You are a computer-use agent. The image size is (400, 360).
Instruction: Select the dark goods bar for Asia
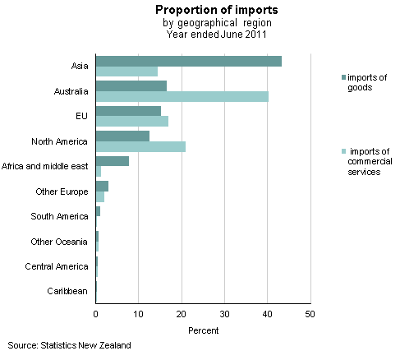(x=189, y=62)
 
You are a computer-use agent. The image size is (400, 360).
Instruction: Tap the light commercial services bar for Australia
(x=182, y=96)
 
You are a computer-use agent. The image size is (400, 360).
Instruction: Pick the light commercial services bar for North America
(x=140, y=146)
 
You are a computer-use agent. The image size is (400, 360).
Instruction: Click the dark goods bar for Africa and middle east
(x=113, y=161)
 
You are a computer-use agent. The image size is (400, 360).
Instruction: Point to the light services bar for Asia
(x=126, y=72)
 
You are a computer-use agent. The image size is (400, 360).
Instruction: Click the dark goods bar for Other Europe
(x=102, y=186)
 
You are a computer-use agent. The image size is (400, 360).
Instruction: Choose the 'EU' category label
(x=82, y=116)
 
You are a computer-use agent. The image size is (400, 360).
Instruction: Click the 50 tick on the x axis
(x=310, y=314)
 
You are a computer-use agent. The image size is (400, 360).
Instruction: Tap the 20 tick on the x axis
(x=182, y=314)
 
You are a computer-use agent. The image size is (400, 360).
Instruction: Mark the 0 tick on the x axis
(x=96, y=314)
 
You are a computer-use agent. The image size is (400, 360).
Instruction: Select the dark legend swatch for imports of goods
(x=343, y=76)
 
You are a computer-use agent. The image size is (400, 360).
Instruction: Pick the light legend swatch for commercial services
(x=343, y=152)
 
